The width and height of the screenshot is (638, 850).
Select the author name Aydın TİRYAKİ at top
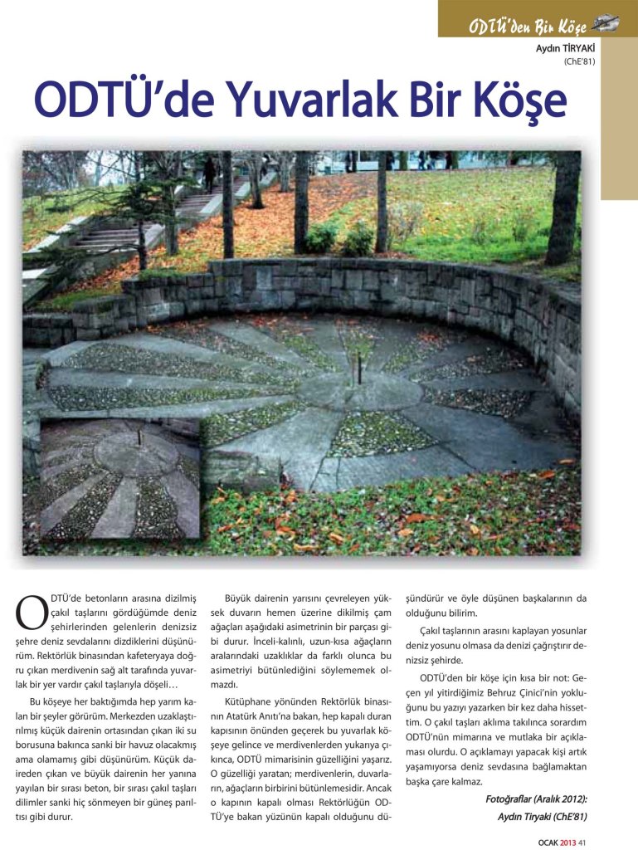pyautogui.click(x=565, y=47)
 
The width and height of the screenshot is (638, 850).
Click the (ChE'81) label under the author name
pyautogui.click(x=579, y=61)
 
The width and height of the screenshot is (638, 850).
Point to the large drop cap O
pyautogui.click(x=30, y=612)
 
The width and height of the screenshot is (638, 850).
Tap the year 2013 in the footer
pyautogui.click(x=567, y=842)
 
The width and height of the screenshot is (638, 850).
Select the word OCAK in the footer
pyautogui.click(x=547, y=842)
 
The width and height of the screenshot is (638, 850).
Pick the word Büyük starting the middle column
pyautogui.click(x=241, y=598)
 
